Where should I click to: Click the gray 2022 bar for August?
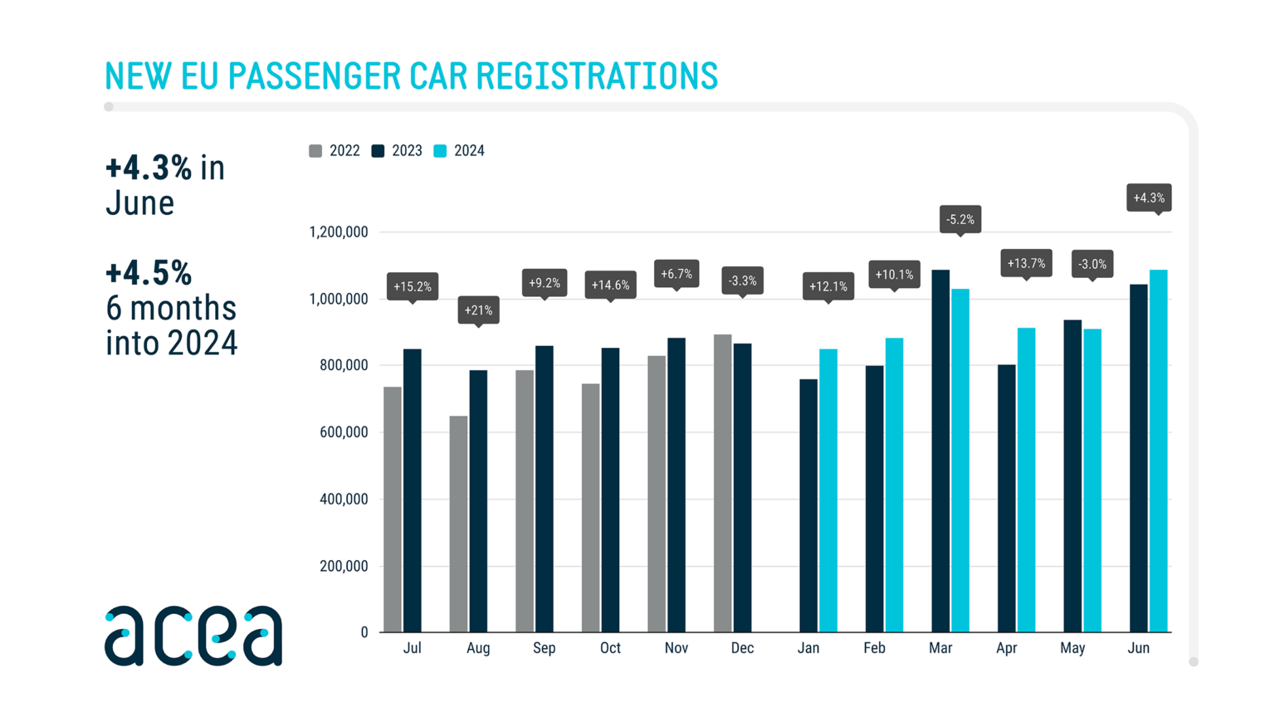pos(458,524)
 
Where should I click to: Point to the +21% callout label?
pos(478,310)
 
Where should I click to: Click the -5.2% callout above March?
pos(960,219)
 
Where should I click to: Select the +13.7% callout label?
pos(1026,263)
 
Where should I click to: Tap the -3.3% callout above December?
pos(742,280)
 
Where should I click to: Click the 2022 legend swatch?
pos(315,151)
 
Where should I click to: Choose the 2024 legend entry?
pos(459,151)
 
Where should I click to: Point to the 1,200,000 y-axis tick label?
pos(338,232)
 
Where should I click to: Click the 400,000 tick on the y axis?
pos(344,500)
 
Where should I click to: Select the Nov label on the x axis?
pos(676,648)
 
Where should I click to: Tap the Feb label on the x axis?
pos(874,648)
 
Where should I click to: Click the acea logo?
pos(193,636)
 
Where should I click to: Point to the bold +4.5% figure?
pos(149,273)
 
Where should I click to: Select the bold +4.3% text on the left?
pos(149,168)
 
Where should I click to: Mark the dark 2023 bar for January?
pos(808,505)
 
